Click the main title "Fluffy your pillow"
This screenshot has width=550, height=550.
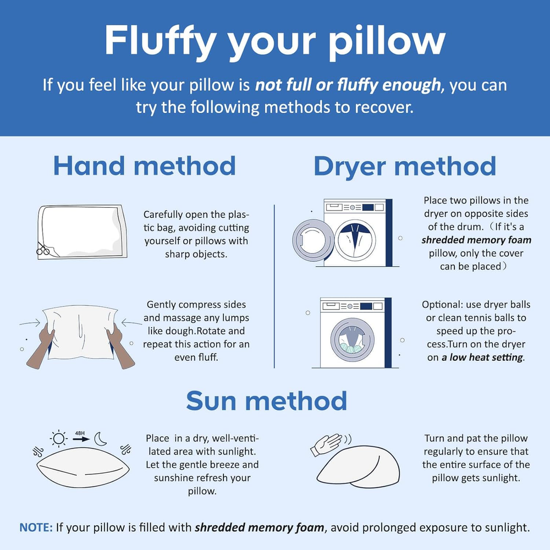275,41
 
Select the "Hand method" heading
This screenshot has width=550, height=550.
144,166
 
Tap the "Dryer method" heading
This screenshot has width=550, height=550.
405,167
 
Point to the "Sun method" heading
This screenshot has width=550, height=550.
266,401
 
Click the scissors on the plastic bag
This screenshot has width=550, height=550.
43,249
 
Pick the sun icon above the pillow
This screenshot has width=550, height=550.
59,438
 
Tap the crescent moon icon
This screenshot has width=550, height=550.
100,439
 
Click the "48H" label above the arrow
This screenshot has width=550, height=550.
79,433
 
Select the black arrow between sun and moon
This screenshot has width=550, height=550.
82,439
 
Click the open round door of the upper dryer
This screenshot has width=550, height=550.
313,240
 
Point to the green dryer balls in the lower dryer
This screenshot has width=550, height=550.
350,348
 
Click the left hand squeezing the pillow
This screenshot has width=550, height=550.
41,348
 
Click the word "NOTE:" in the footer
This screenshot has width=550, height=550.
36,527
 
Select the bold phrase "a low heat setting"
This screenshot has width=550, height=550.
482,357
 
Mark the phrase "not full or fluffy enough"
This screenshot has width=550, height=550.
348,85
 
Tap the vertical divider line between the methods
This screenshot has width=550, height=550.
274,286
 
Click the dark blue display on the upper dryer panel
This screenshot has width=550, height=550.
368,207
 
